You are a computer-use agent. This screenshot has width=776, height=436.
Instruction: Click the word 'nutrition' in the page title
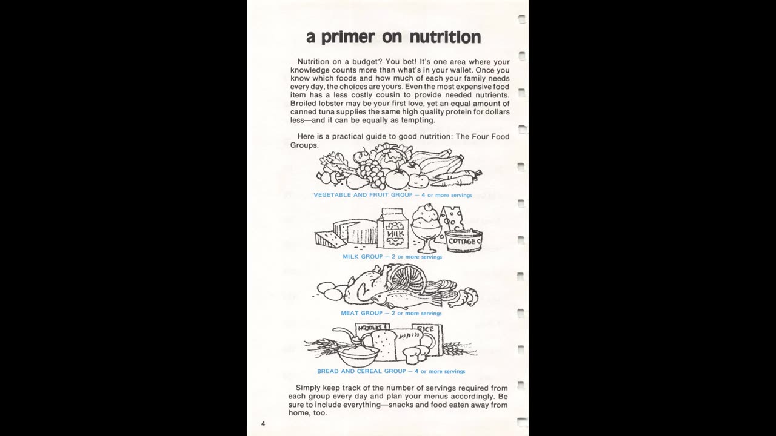click(445, 37)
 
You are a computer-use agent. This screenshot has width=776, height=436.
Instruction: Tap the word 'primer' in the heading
click(347, 38)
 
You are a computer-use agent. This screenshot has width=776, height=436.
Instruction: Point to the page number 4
click(263, 424)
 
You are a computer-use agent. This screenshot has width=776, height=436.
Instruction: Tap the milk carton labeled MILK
click(393, 230)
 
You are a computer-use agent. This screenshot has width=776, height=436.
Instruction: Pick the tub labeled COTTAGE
click(464, 241)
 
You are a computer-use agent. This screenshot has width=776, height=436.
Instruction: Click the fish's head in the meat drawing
click(381, 297)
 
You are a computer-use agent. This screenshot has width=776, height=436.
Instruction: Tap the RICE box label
click(425, 329)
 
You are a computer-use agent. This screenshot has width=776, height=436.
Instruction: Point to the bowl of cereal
click(358, 354)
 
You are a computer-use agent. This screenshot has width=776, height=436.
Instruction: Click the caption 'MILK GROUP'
click(363, 257)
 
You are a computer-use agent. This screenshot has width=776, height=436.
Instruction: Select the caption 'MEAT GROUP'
click(361, 314)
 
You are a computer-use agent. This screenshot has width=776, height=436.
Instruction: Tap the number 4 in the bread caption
click(416, 371)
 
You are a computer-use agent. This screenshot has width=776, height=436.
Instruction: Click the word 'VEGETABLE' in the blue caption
click(333, 195)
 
